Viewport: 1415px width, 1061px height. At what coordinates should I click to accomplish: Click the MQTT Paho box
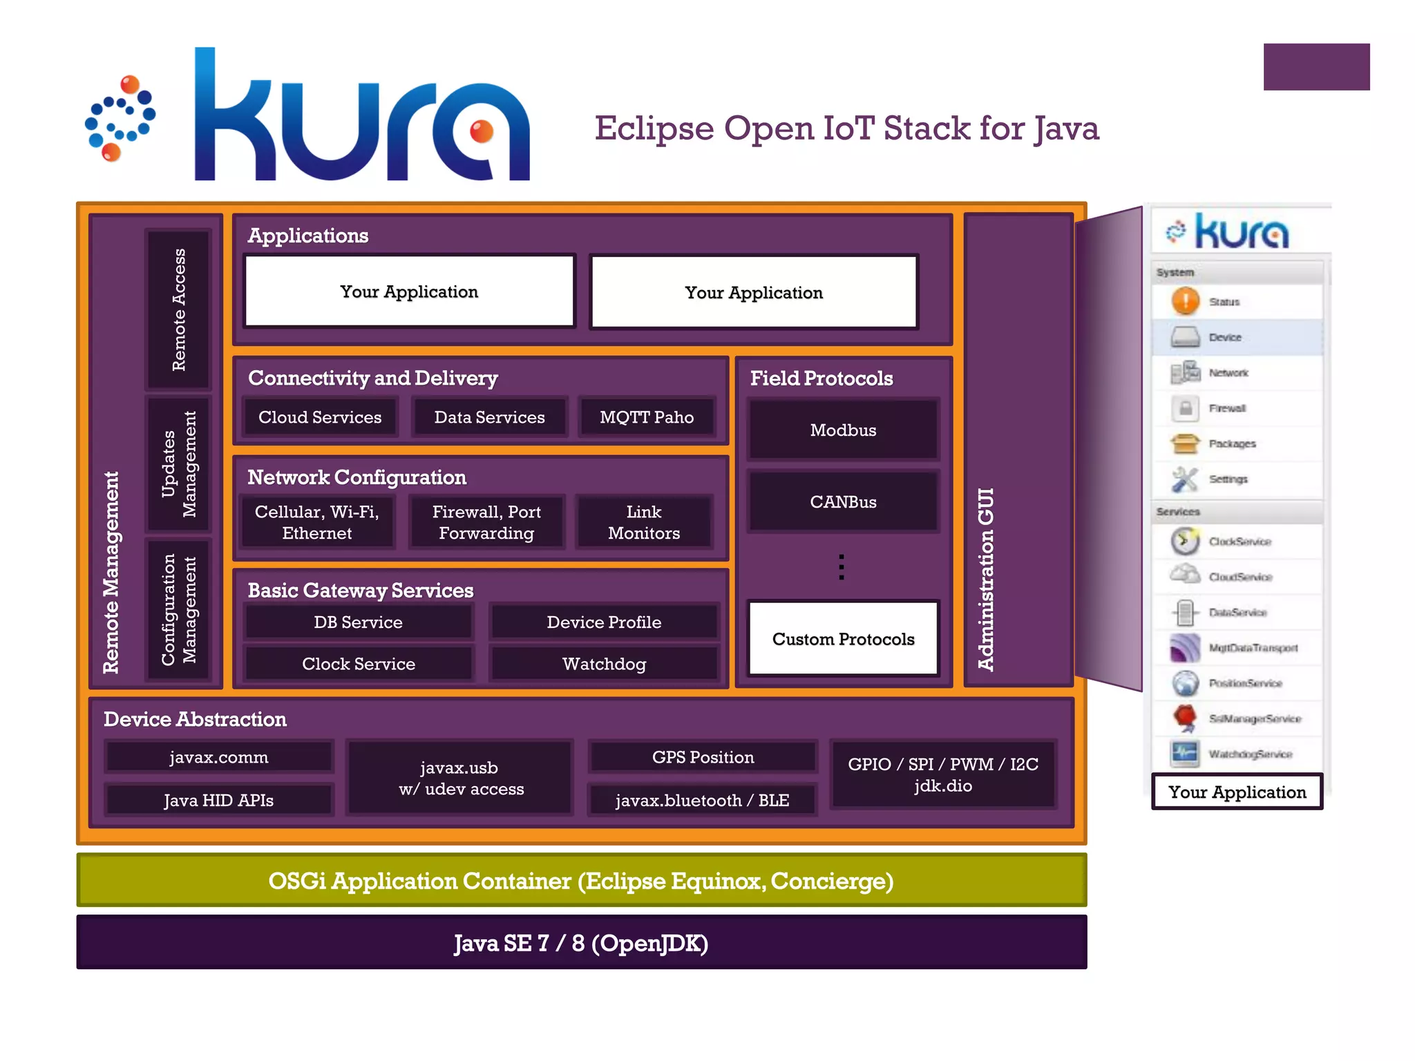coord(646,417)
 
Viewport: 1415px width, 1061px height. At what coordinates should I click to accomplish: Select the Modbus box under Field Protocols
coord(843,430)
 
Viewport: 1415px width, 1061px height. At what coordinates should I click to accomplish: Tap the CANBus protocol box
coord(843,502)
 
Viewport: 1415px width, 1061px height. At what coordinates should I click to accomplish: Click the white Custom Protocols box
coord(843,639)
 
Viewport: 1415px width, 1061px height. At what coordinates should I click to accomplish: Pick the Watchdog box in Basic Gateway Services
coord(604,664)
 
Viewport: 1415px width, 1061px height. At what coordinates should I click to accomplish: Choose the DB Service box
coord(358,622)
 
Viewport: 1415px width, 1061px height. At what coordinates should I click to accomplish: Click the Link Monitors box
coord(643,522)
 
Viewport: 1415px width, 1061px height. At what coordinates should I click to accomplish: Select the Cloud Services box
coord(320,417)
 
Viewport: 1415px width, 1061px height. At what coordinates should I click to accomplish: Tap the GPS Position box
coord(703,757)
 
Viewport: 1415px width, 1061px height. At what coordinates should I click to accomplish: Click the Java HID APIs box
coord(218,800)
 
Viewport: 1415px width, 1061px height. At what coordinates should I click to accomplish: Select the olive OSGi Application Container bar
coord(581,881)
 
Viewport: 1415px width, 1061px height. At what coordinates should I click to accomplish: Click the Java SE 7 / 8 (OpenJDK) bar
coord(581,943)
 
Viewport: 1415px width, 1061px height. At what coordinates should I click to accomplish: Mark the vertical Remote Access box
coord(178,309)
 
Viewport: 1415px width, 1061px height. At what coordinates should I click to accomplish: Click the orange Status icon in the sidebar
coord(1186,301)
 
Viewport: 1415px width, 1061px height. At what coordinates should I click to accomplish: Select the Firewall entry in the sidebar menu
coord(1227,408)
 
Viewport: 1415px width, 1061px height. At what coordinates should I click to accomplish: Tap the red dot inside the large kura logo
coord(481,131)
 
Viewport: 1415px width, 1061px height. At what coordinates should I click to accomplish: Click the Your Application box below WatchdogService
coord(1237,792)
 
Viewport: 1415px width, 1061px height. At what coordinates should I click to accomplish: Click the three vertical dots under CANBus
coord(841,566)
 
